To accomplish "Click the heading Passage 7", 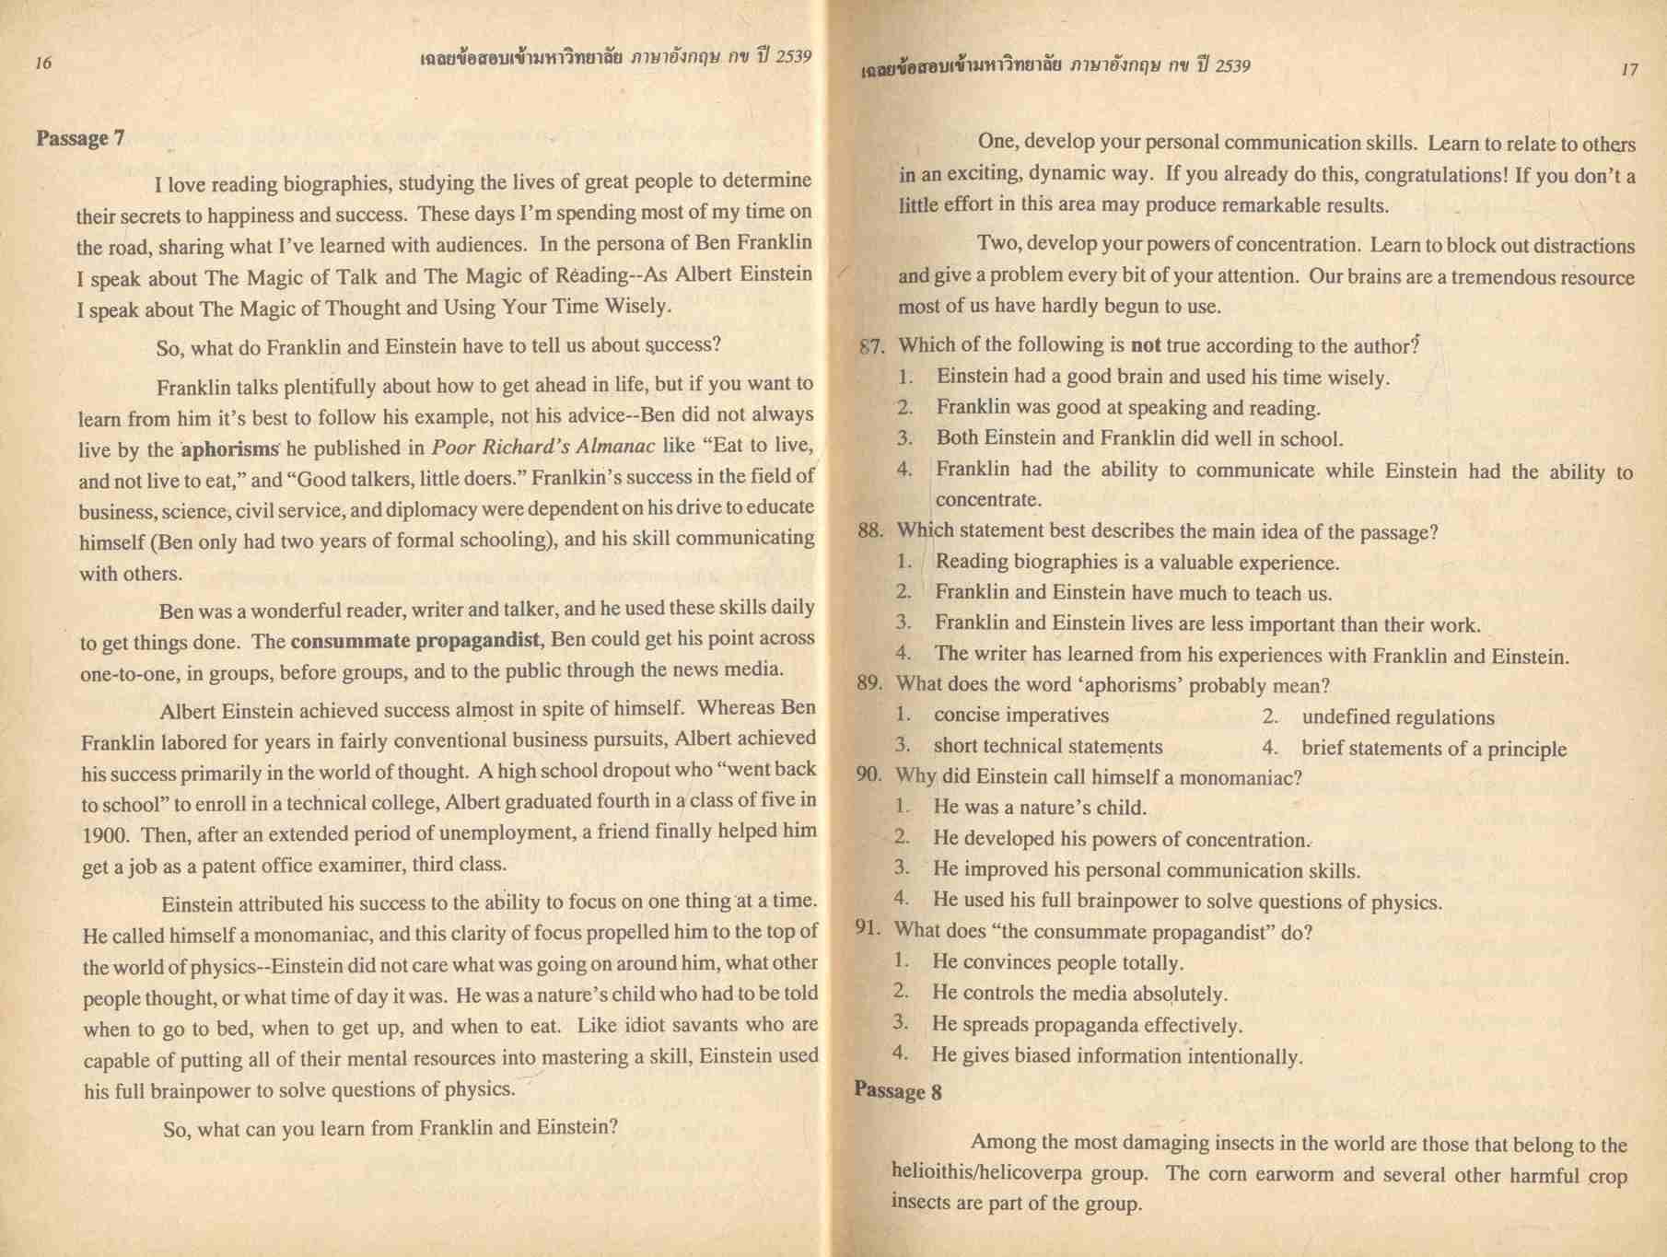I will (80, 138).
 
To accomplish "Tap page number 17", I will (1628, 69).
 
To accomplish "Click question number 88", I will (870, 531).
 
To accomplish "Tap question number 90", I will (868, 775).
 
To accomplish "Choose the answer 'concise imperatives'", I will (1020, 716).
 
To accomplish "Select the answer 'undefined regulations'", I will (1398, 717).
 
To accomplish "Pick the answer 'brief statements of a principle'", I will (1433, 749).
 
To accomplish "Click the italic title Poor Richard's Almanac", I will (543, 448).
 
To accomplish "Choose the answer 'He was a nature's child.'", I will (1039, 808).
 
